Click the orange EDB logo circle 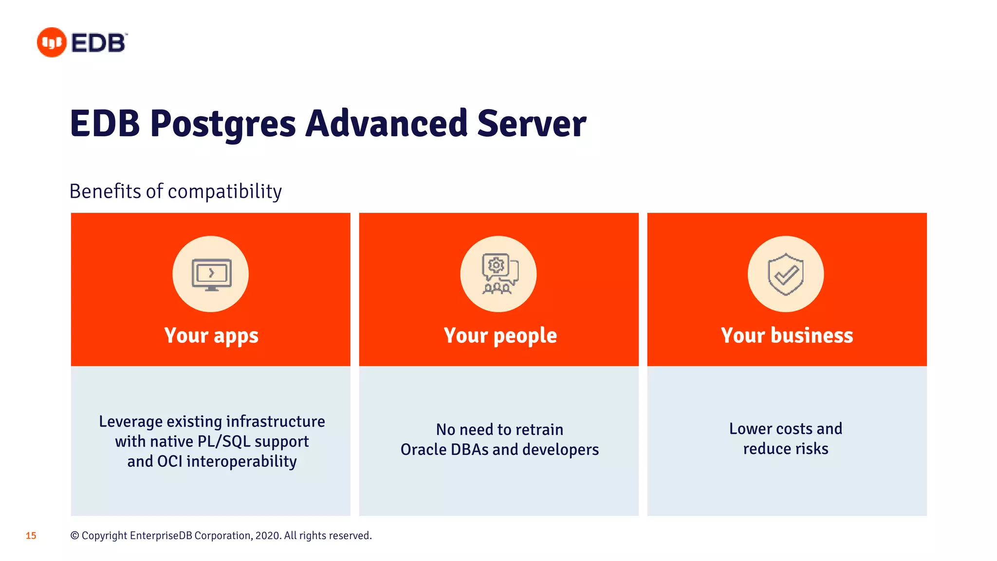pyautogui.click(x=51, y=42)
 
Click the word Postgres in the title pyautogui.click(x=222, y=124)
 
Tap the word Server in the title pyautogui.click(x=531, y=124)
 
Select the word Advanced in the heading pyautogui.click(x=387, y=124)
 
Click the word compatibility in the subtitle pyautogui.click(x=224, y=192)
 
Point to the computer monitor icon pyautogui.click(x=211, y=275)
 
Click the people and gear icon pyautogui.click(x=498, y=274)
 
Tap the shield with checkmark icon pyautogui.click(x=785, y=274)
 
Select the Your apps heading pyautogui.click(x=211, y=336)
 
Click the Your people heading pyautogui.click(x=500, y=336)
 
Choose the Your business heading pyautogui.click(x=787, y=336)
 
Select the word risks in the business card pyautogui.click(x=812, y=449)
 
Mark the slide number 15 pyautogui.click(x=31, y=536)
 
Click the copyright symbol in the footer pyautogui.click(x=74, y=536)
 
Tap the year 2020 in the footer pyautogui.click(x=267, y=536)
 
